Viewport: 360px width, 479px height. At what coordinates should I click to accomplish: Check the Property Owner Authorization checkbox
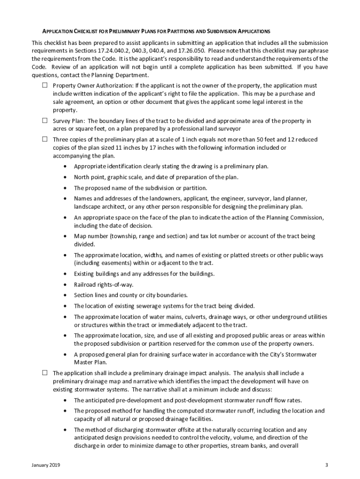(x=45, y=86)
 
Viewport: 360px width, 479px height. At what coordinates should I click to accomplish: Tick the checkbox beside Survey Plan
(x=45, y=120)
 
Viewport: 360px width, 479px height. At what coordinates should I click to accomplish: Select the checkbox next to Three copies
(x=45, y=139)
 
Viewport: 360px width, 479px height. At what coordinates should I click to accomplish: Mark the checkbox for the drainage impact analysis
(x=45, y=373)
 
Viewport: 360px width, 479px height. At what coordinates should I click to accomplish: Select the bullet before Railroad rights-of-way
(x=64, y=284)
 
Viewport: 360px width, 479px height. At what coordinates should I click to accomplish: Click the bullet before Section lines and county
(x=64, y=295)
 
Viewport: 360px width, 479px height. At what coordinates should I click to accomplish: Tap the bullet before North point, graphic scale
(x=64, y=177)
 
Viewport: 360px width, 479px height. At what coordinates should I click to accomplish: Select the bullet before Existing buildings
(x=64, y=274)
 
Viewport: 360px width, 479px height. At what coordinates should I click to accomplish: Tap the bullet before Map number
(x=64, y=236)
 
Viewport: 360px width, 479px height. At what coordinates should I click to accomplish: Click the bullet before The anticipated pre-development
(x=64, y=400)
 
